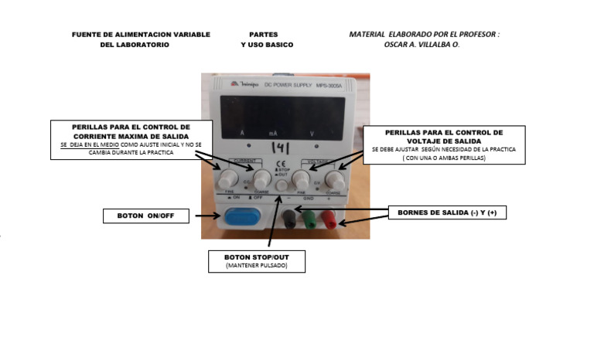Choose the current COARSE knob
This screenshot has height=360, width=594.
[x=261, y=182]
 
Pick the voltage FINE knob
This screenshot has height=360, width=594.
[x=301, y=182]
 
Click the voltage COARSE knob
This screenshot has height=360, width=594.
[x=334, y=181]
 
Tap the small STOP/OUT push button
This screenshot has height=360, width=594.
[x=281, y=186]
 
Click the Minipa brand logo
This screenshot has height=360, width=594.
[x=244, y=83]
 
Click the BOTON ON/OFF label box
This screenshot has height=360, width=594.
[x=146, y=216]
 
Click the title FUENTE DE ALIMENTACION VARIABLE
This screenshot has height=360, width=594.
[x=141, y=35]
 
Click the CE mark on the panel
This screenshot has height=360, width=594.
[x=282, y=162]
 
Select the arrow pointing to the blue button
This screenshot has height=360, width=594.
[x=205, y=217]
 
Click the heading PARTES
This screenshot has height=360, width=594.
[x=264, y=35]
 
